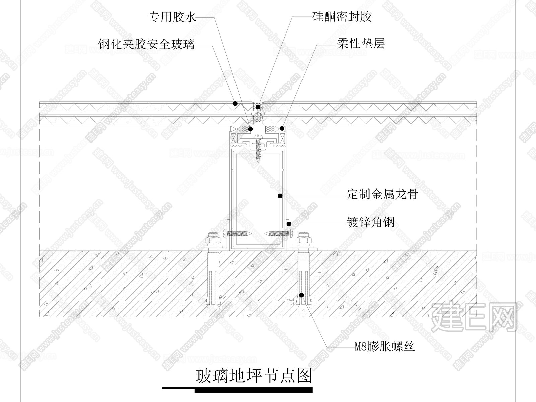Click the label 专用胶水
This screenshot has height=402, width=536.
172,17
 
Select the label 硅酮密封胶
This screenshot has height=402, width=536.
342,17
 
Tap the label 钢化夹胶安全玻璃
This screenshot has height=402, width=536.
146,44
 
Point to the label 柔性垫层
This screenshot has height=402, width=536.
361,44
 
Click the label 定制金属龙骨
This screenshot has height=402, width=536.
383,194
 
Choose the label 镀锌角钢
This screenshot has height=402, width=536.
371,222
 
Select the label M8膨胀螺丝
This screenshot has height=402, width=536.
385,347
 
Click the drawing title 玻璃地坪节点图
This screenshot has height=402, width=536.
254,376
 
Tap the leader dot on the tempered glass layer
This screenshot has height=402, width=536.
235,103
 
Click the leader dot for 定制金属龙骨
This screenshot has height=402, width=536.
280,196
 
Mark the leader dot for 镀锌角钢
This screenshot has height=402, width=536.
289,224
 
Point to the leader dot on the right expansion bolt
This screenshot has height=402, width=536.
301,295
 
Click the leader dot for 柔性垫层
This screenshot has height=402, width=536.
282,128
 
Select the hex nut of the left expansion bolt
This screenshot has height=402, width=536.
213,238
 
